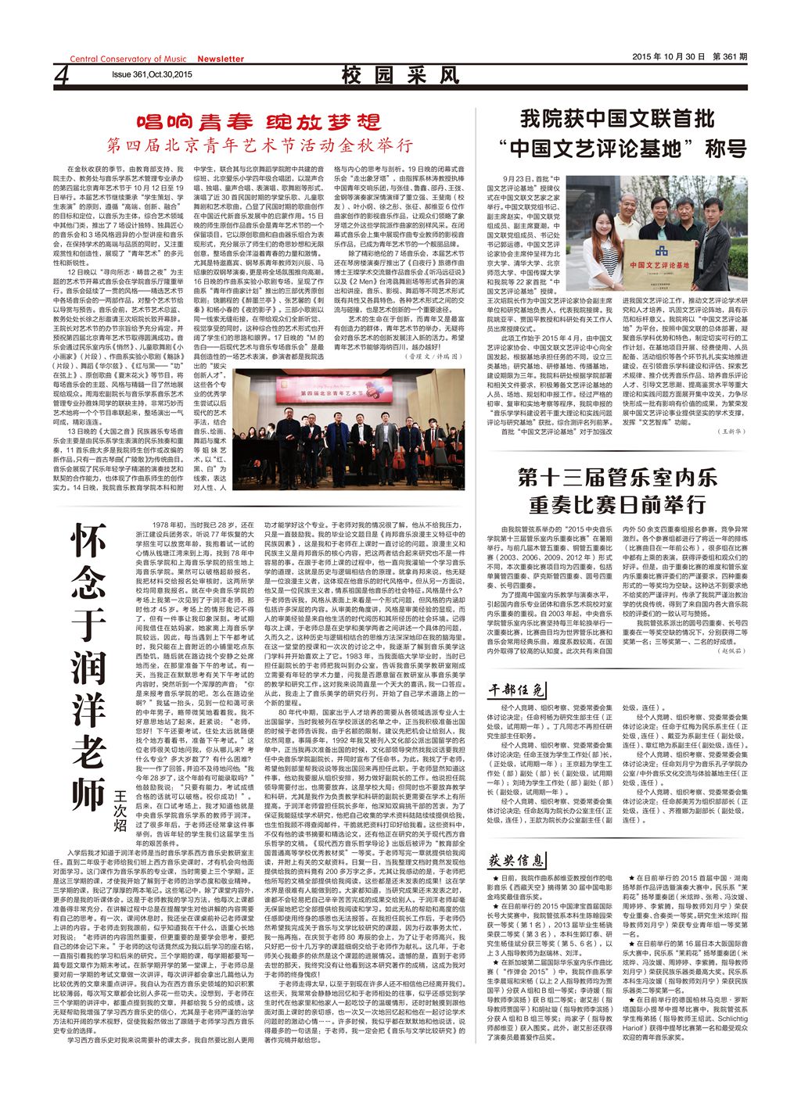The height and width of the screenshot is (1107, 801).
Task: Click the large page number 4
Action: click(63, 77)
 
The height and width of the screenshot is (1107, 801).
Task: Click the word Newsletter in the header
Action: click(220, 59)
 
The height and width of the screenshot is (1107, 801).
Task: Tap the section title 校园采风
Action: click(400, 76)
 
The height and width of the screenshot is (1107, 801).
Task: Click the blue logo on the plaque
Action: click(661, 252)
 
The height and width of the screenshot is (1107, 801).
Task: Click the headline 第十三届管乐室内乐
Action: click(617, 476)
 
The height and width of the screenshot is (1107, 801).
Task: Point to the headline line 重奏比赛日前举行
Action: click(617, 504)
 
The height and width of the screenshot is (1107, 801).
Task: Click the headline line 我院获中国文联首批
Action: click(617, 119)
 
